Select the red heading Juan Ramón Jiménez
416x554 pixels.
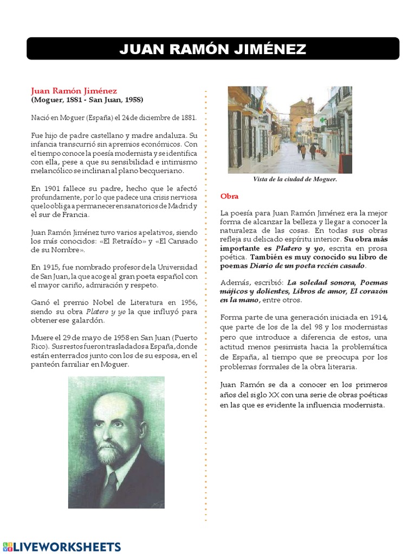74,90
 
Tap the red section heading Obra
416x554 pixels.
229,196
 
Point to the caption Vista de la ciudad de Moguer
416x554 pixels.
295,179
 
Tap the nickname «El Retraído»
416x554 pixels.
118,241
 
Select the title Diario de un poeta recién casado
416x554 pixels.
307,266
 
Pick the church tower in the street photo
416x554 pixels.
301,113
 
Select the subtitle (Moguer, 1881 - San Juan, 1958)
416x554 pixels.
87,100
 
